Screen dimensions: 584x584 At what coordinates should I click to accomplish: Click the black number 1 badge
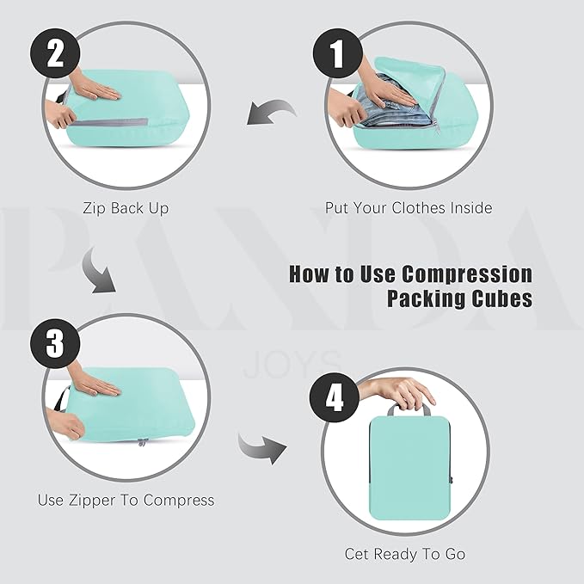(x=337, y=53)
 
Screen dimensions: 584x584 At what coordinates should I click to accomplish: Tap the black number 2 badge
(x=55, y=53)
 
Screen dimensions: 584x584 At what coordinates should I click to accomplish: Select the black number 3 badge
(x=55, y=343)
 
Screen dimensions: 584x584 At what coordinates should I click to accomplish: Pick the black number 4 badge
(x=335, y=397)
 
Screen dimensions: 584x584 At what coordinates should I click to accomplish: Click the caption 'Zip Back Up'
(x=126, y=208)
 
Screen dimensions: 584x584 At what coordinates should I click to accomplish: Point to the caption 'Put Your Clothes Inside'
(x=409, y=208)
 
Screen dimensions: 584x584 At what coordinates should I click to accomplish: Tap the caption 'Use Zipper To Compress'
(x=126, y=500)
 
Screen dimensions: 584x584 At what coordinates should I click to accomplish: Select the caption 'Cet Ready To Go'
(x=405, y=554)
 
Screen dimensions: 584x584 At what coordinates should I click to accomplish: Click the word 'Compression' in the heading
(x=467, y=274)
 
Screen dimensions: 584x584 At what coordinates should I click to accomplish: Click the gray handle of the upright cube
(x=409, y=409)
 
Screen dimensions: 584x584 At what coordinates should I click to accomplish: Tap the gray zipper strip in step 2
(x=108, y=122)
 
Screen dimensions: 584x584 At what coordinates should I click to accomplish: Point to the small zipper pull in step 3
(x=142, y=442)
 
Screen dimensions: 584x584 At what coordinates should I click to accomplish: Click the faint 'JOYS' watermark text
(x=292, y=364)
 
